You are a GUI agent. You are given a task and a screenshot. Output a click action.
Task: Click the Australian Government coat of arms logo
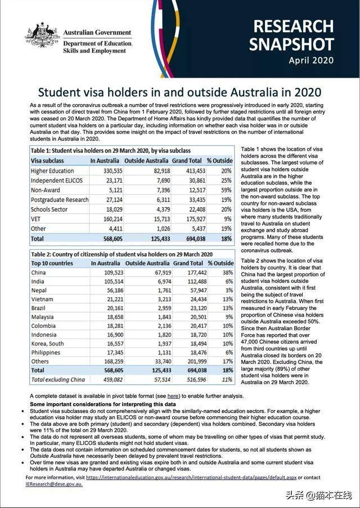(42, 35)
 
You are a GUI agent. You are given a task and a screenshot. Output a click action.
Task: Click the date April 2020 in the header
(311, 60)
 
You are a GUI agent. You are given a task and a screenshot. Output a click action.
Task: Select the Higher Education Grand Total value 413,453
(190, 170)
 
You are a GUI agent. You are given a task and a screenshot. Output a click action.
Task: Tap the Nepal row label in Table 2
(39, 291)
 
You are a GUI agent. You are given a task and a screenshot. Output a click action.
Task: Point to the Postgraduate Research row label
(60, 199)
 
